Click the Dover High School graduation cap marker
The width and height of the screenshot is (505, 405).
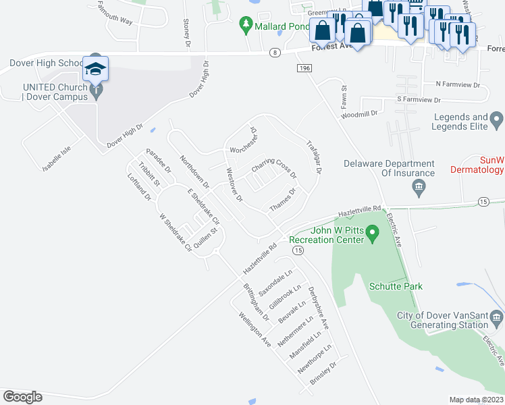(96, 70)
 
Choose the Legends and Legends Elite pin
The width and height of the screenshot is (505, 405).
(497, 122)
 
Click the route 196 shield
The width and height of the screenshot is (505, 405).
(303, 68)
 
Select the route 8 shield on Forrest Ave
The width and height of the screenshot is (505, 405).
(274, 52)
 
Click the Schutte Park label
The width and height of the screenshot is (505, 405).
(396, 286)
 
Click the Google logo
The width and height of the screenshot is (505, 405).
(22, 397)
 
